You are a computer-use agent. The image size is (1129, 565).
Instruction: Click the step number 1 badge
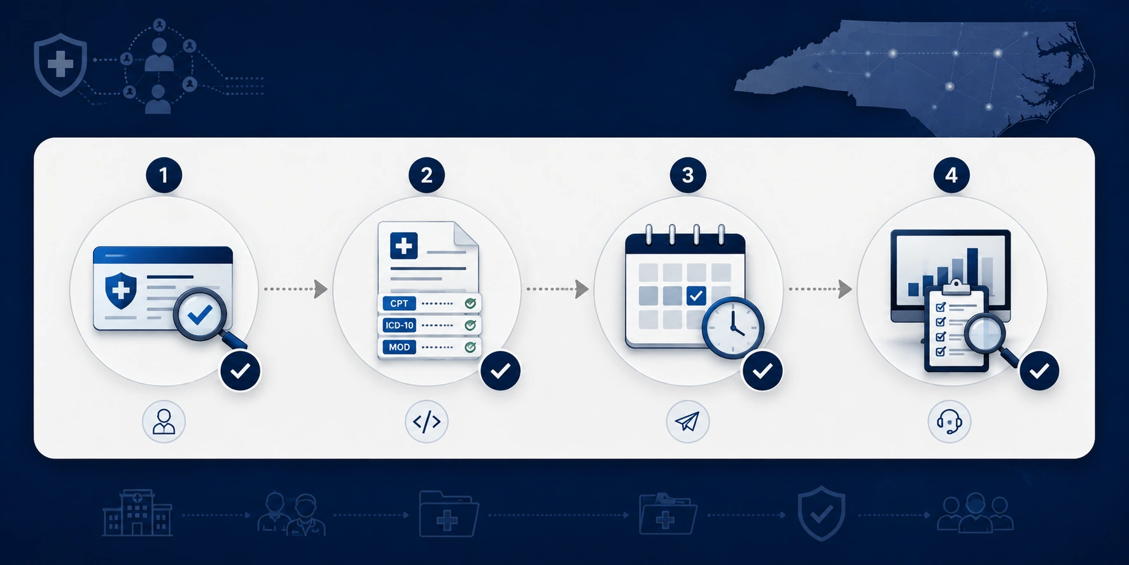tap(164, 175)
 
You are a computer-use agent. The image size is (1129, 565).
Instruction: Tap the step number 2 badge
tap(426, 175)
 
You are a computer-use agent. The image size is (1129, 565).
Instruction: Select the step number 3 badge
tap(688, 175)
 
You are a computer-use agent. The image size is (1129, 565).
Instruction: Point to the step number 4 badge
tap(951, 175)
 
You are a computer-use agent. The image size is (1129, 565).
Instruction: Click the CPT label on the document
tap(399, 303)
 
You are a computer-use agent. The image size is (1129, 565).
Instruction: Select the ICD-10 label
tap(399, 325)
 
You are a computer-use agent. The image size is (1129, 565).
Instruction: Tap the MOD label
tap(399, 347)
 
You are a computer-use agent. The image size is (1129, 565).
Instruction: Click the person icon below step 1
tap(164, 421)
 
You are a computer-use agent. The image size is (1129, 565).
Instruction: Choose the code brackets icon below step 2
tap(426, 421)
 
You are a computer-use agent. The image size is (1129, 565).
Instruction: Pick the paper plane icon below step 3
tap(687, 421)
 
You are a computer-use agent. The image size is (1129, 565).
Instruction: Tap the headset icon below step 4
tap(950, 421)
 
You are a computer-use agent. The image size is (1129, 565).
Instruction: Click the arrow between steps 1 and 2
tap(296, 289)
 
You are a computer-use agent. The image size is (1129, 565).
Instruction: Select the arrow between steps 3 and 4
tap(820, 289)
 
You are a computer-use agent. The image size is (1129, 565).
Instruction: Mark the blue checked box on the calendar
tap(696, 296)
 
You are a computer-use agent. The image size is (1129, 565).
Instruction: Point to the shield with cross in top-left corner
tap(60, 65)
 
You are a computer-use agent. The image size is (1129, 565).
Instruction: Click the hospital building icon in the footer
tap(137, 513)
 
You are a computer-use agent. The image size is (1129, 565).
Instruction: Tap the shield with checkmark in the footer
tap(822, 513)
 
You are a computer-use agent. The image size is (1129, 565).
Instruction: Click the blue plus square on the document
tap(403, 245)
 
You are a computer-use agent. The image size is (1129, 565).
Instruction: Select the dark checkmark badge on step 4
tap(1039, 371)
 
